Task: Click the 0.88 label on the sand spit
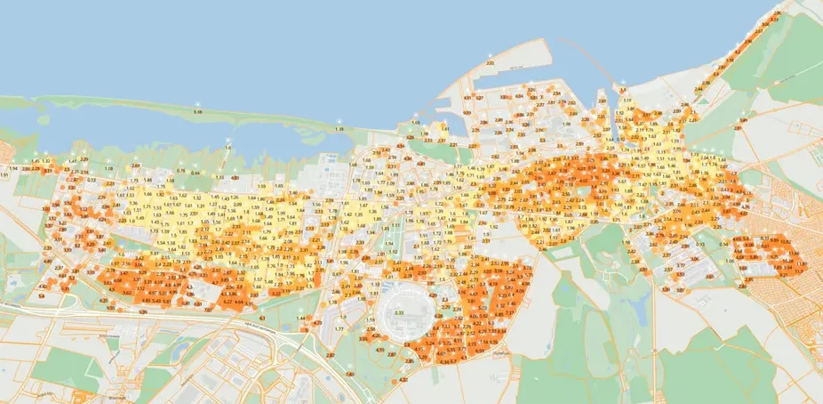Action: coord(197,112)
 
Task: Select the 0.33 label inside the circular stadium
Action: coord(399,312)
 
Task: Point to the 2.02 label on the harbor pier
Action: coord(490,64)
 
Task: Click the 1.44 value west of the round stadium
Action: coord(301,318)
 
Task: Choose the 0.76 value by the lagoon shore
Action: coord(180,170)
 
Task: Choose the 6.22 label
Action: coord(228,302)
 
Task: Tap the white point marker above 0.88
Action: coord(197,104)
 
